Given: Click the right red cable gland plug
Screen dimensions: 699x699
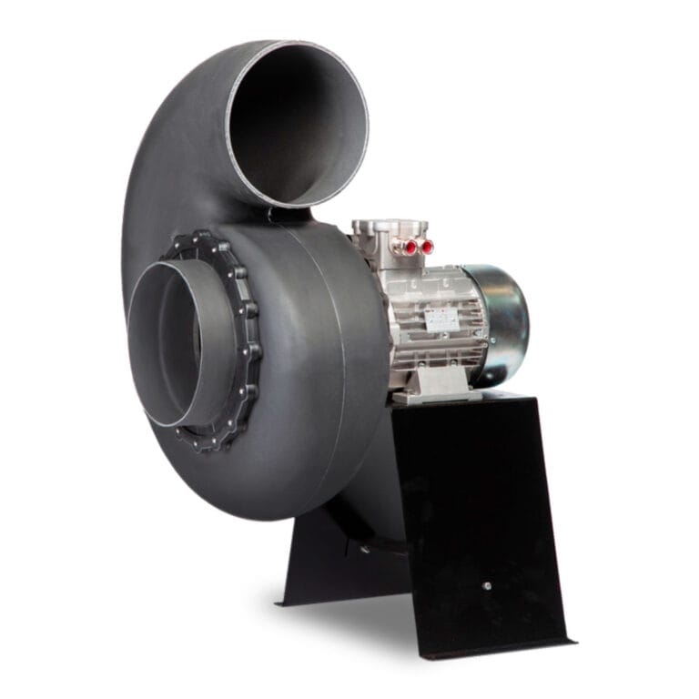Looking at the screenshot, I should pyautogui.click(x=425, y=247).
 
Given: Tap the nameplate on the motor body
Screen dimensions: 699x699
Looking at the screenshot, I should pyautogui.click(x=443, y=319).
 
